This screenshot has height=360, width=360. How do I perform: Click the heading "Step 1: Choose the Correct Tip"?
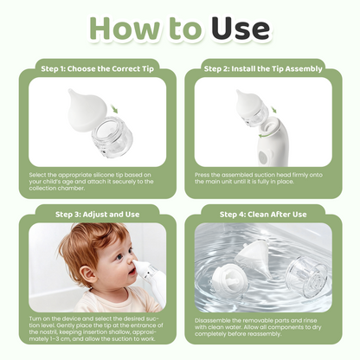[97, 67]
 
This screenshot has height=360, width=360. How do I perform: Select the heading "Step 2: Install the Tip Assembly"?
[262, 67]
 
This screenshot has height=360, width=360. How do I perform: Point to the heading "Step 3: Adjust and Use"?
[97, 214]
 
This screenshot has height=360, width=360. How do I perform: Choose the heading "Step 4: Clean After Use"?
[262, 214]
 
